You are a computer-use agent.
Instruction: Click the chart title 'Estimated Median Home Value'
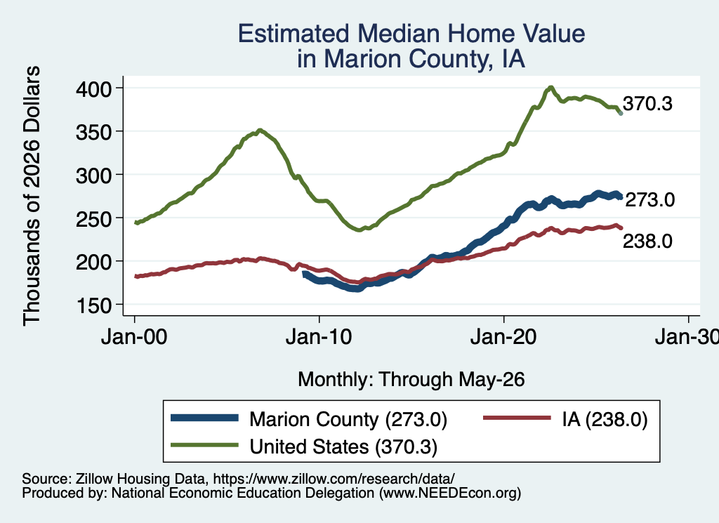click(411, 34)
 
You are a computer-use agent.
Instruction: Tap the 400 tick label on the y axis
click(93, 88)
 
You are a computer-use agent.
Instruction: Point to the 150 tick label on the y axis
click(93, 305)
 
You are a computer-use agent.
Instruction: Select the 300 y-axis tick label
click(93, 175)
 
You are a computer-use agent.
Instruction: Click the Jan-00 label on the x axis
click(134, 337)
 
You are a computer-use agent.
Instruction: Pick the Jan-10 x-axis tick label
click(319, 337)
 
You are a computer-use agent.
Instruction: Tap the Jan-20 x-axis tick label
click(503, 337)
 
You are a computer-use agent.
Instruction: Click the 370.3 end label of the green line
click(647, 104)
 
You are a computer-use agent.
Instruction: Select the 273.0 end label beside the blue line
click(649, 200)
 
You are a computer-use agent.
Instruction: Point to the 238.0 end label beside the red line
click(647, 241)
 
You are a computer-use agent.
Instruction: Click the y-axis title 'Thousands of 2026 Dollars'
click(32, 196)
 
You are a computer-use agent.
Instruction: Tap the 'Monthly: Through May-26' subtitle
click(411, 380)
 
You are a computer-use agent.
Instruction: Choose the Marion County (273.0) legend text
click(348, 419)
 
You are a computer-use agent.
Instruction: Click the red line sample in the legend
click(517, 418)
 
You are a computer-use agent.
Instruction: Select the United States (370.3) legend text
click(343, 447)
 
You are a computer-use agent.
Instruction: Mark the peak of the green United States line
click(550, 87)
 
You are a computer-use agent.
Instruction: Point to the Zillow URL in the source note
click(334, 479)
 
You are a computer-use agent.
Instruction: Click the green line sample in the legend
click(204, 445)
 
